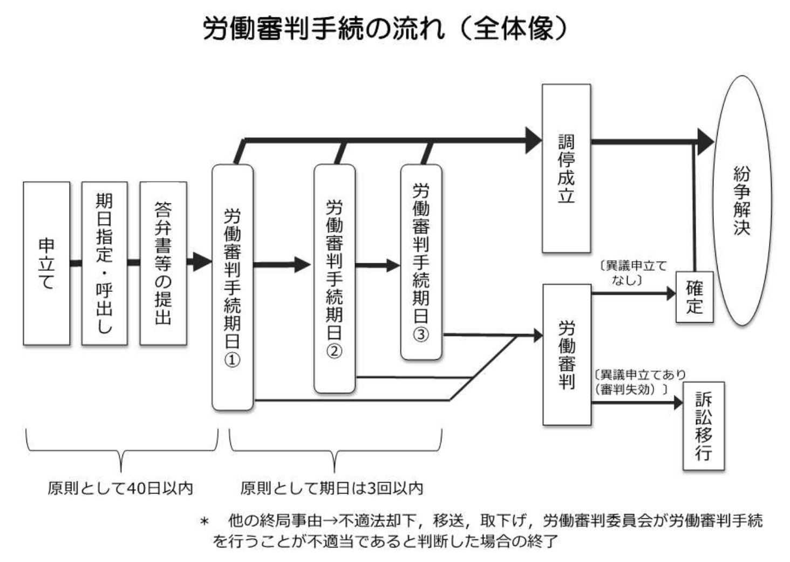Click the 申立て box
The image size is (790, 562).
pyautogui.click(x=46, y=263)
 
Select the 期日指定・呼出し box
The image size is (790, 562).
pyautogui.click(x=104, y=263)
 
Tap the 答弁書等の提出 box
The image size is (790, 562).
pyautogui.click(x=163, y=263)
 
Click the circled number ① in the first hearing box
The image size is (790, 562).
pyautogui.click(x=232, y=360)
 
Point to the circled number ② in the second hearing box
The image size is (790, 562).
pyautogui.click(x=334, y=351)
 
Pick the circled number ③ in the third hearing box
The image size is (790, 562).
pyautogui.click(x=421, y=334)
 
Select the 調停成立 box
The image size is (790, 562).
pyautogui.click(x=566, y=168)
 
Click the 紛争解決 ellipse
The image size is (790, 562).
pyautogui.click(x=742, y=200)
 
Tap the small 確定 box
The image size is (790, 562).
pyautogui.click(x=694, y=297)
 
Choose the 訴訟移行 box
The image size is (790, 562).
pyautogui.click(x=704, y=426)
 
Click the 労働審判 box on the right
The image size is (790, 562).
pyautogui.click(x=567, y=354)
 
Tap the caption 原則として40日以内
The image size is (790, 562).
pyautogui.click(x=120, y=489)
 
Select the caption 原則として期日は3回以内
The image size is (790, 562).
pyautogui.click(x=331, y=489)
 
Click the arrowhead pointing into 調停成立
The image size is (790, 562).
pyautogui.click(x=534, y=140)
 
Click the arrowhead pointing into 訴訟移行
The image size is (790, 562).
pyautogui.click(x=678, y=402)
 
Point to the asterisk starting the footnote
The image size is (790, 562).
pyautogui.click(x=205, y=522)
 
